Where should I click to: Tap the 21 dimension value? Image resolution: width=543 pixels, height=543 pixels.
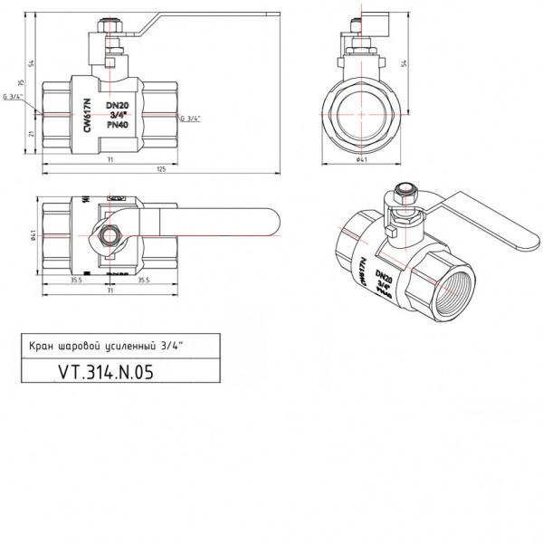coord(33,134)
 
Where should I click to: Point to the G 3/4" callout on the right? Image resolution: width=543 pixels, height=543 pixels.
coord(190,119)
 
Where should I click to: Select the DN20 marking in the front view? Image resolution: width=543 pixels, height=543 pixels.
coord(118,107)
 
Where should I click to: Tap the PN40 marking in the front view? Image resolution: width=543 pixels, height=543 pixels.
coord(118,125)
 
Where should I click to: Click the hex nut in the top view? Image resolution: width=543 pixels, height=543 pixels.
coord(111,236)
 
